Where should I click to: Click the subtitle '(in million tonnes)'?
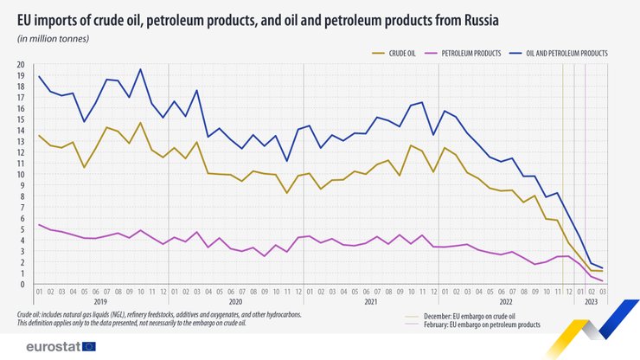[x=54, y=39]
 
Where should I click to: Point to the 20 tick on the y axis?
[x=20, y=65]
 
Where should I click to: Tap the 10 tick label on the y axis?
[x=20, y=175]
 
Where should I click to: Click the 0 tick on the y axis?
[x=22, y=285]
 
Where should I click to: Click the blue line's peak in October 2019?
[x=141, y=70]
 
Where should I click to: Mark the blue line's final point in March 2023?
[x=602, y=268]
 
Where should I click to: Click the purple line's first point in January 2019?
[x=39, y=225]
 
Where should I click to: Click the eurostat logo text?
[x=53, y=346]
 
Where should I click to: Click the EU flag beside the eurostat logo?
[x=88, y=346]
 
